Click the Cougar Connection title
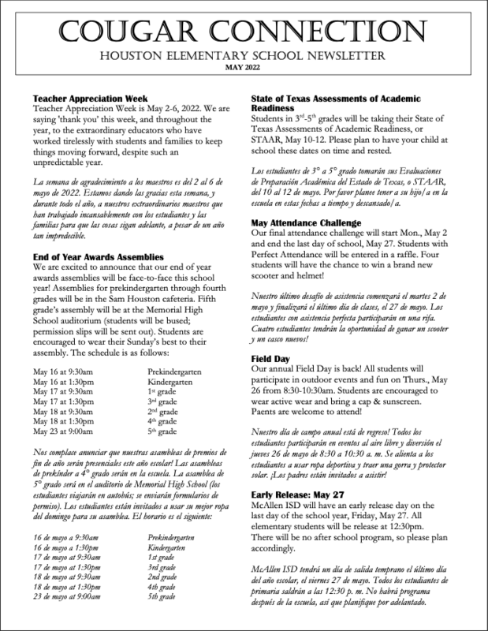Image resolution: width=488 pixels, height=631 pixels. coord(244,32)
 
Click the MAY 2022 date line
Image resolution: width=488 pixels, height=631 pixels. coord(244,69)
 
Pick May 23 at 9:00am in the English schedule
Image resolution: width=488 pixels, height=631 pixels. coord(60,432)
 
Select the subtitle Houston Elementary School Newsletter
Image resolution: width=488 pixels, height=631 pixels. coord(244,56)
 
